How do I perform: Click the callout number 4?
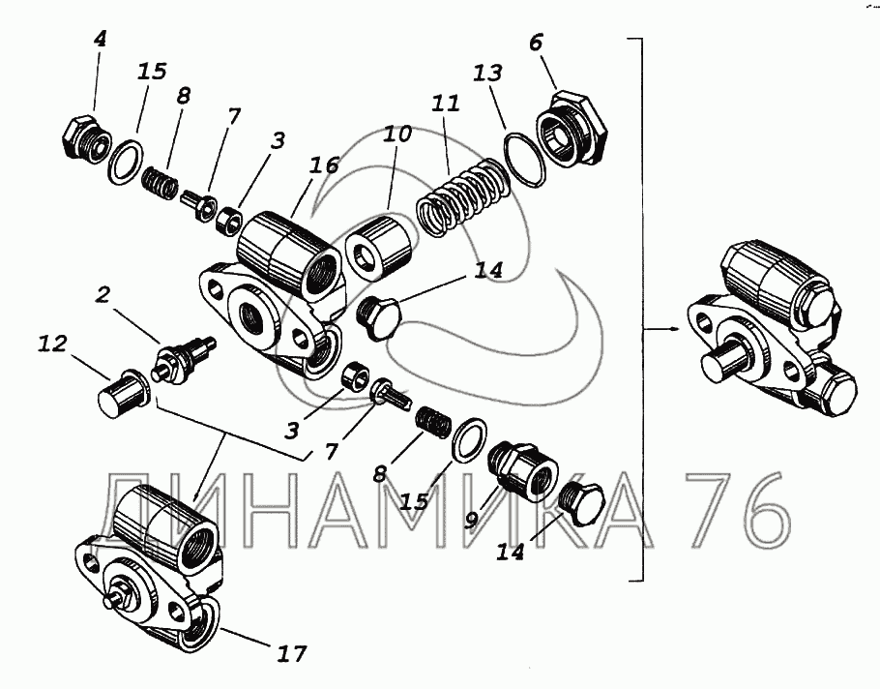point(101,40)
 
